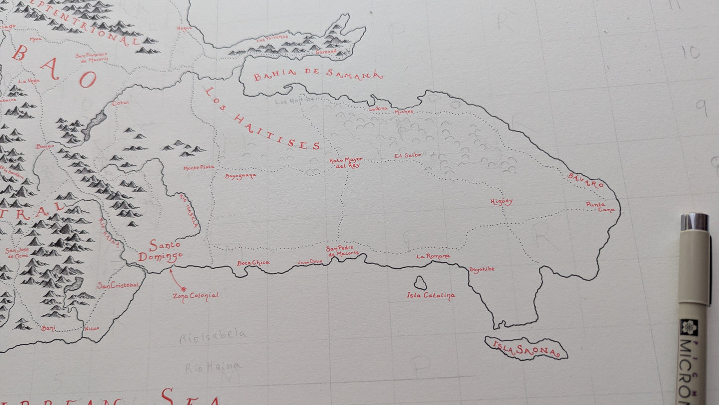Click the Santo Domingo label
160,251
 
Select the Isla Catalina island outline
420,283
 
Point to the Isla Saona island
526,348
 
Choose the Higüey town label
501,202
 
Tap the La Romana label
433,257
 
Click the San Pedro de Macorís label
342,251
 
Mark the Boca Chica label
253,263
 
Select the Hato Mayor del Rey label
346,162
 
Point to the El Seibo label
408,155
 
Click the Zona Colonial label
196,295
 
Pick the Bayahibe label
482,269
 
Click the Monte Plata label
199,168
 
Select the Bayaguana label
240,176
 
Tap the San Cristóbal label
117,285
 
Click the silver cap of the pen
694,222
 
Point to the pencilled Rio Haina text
213,368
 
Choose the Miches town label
404,112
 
